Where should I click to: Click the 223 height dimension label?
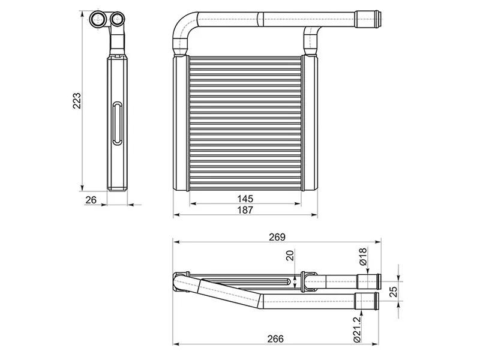(77, 101)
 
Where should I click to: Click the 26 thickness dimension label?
(91, 199)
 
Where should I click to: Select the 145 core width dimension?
(245, 199)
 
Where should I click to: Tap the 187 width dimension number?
(245, 210)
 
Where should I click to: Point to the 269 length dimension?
(277, 236)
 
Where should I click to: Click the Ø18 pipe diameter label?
(362, 257)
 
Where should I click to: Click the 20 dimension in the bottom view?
(290, 257)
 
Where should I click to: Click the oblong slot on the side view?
(116, 124)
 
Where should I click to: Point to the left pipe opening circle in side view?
(98, 19)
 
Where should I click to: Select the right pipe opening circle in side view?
(118, 19)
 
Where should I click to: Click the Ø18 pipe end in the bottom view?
(367, 280)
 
